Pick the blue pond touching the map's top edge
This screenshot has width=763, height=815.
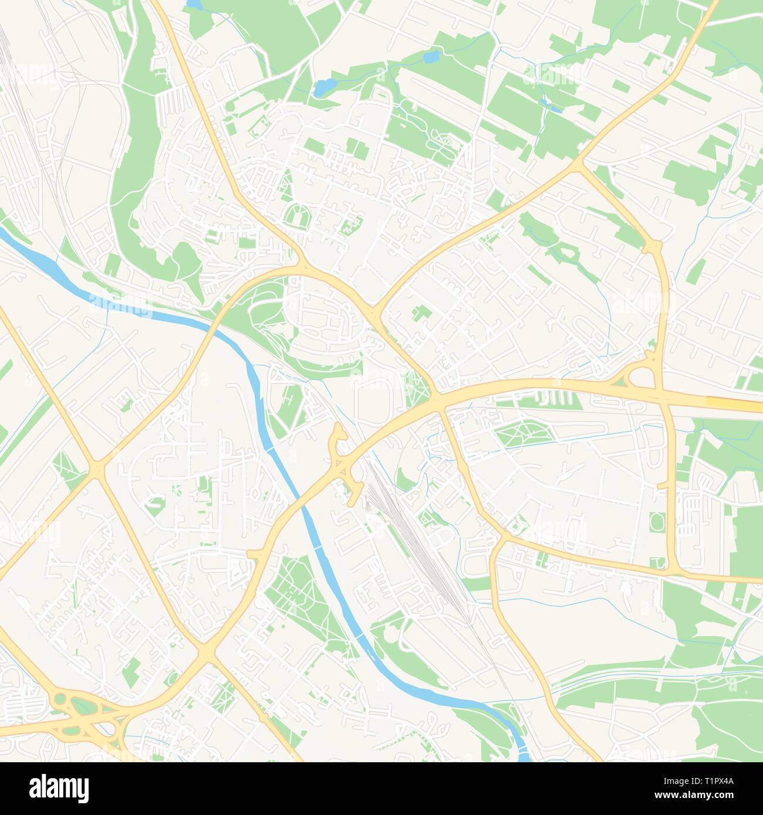pyautogui.click(x=194, y=5)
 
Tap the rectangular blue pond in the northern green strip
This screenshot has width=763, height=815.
pyautogui.click(x=431, y=57)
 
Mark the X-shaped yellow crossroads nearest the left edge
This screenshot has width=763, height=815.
pyautogui.click(x=96, y=468)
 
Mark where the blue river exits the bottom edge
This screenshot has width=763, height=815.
pyautogui.click(x=522, y=756)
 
